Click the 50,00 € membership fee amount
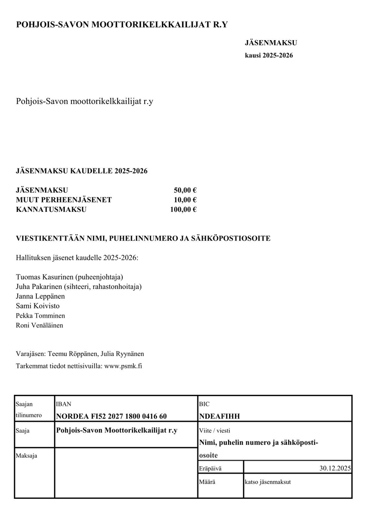point(185,190)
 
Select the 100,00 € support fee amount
point(183,210)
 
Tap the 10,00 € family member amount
point(185,200)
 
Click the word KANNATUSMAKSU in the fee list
point(51,210)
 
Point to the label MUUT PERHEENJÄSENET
point(64,200)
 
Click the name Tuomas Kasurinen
point(45,276)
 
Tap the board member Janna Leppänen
point(41,296)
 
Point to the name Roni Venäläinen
point(40,325)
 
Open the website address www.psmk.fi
point(123,366)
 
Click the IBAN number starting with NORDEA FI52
point(111,416)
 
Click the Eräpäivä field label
point(210,468)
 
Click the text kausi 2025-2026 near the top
point(269,56)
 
